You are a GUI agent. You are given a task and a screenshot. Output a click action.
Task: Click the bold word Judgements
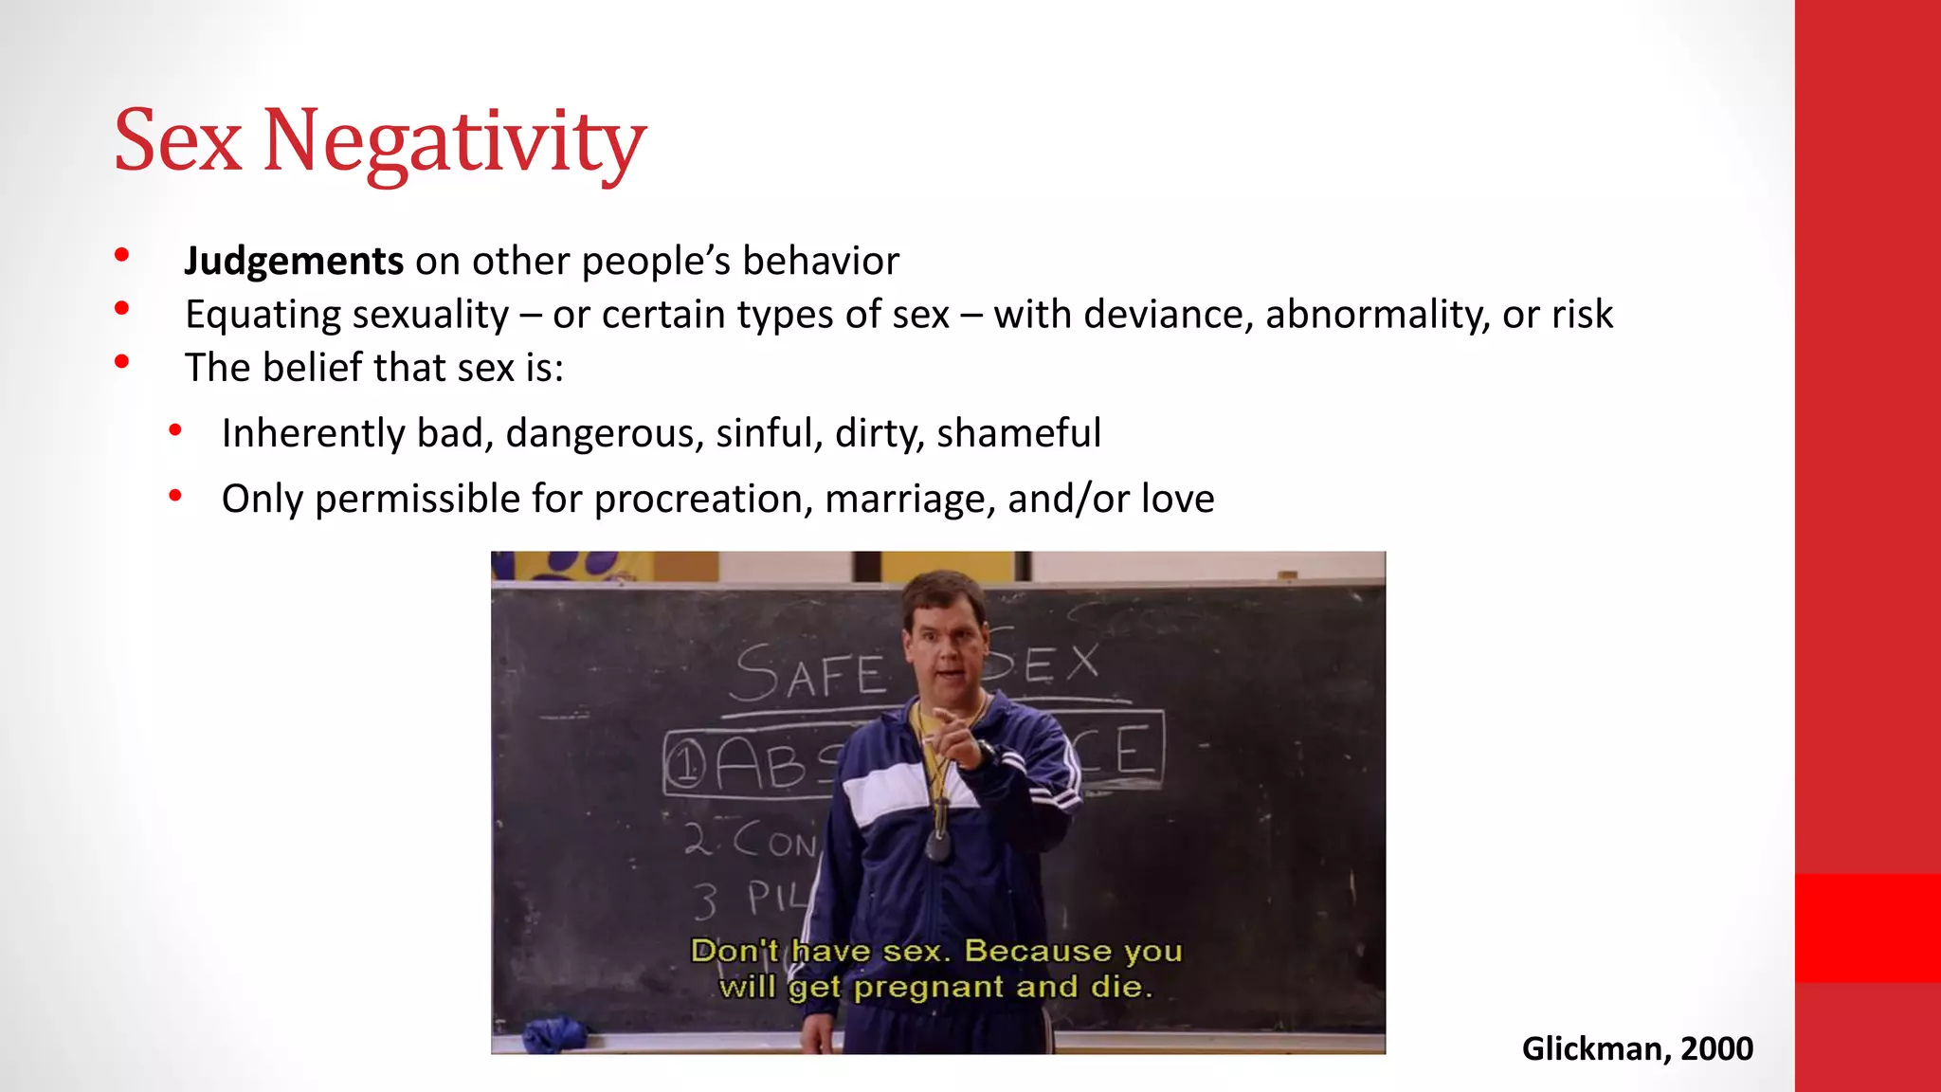(x=294, y=262)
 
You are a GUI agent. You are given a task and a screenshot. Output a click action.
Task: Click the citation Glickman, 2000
(x=1637, y=1048)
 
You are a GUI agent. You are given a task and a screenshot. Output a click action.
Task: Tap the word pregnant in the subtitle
(x=929, y=988)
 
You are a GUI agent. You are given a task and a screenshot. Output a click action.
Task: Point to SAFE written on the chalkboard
(x=809, y=674)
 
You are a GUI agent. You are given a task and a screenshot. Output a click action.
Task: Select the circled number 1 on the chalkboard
(x=685, y=764)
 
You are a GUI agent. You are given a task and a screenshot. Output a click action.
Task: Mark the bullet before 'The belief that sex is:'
(x=121, y=361)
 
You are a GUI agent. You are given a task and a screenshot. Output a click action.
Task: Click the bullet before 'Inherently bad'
(x=175, y=431)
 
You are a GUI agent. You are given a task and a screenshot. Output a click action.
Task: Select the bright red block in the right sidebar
(x=1867, y=927)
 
